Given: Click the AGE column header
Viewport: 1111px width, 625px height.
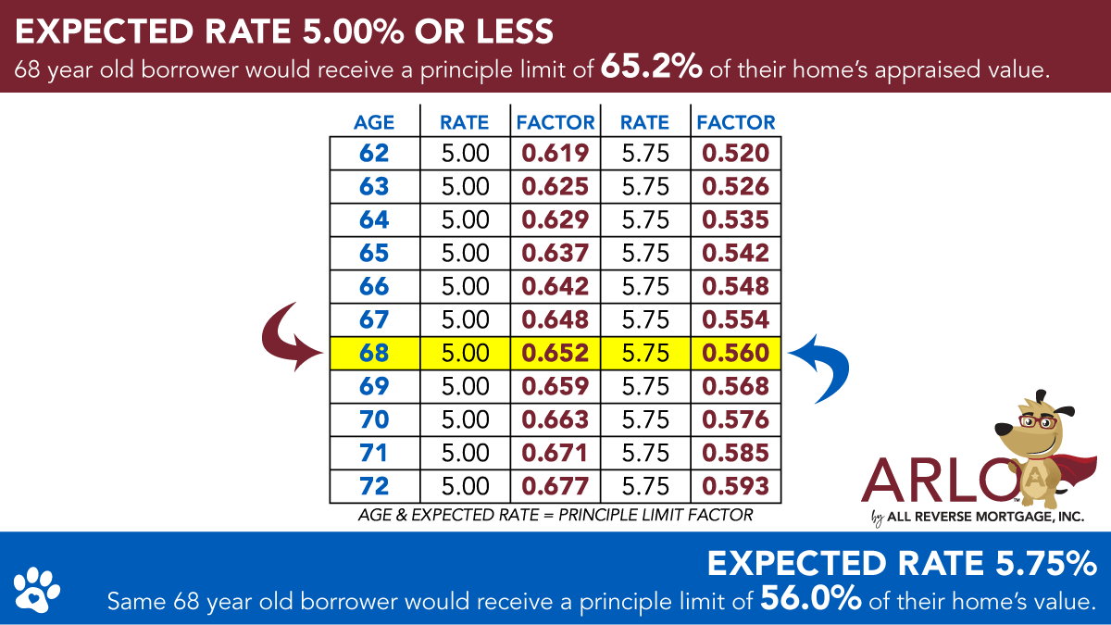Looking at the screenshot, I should [x=374, y=122].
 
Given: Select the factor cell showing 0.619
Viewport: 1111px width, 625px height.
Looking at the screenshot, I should [x=555, y=154].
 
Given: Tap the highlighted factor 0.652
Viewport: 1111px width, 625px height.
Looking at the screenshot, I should [x=555, y=353].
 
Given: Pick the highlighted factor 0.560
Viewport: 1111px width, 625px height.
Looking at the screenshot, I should [x=735, y=353].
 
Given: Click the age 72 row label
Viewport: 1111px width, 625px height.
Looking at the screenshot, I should [x=374, y=486].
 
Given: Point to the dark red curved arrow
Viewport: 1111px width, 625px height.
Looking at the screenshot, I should [x=294, y=336].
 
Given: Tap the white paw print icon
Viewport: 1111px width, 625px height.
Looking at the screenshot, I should [x=37, y=585].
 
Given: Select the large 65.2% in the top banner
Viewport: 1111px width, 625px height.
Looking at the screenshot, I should [x=650, y=68].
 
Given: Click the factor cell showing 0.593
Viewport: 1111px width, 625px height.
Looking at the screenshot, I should [x=735, y=486].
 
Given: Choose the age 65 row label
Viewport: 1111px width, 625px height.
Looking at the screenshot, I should [x=374, y=253].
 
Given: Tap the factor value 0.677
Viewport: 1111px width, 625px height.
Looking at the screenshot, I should [x=555, y=486].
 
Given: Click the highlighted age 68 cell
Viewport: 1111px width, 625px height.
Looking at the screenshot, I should [x=374, y=353].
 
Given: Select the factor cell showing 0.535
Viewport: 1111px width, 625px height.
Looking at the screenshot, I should [x=735, y=220].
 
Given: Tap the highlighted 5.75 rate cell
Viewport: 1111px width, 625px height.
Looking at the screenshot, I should [x=645, y=353].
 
